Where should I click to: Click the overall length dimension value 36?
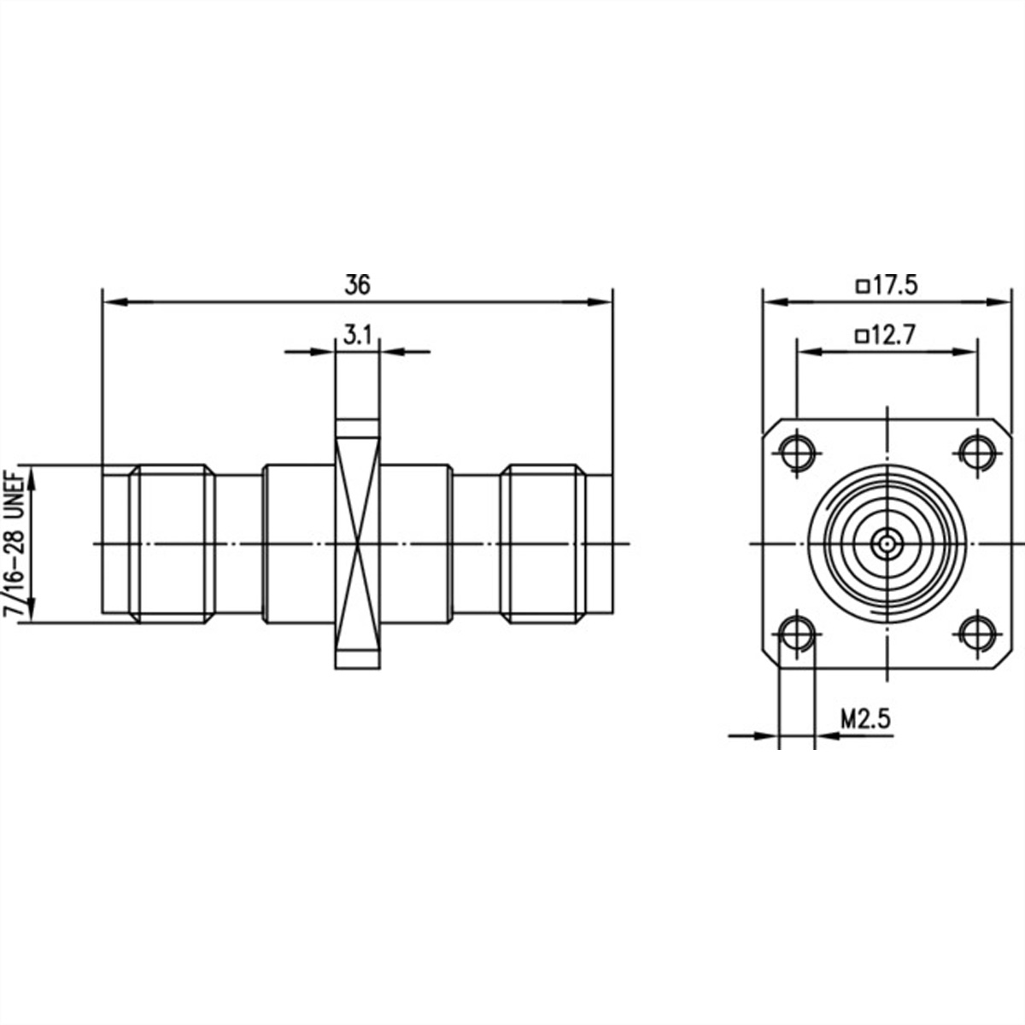[x=358, y=285]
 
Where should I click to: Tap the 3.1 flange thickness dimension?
[x=357, y=336]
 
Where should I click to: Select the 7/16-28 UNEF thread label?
[x=15, y=543]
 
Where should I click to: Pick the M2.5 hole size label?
[x=865, y=719]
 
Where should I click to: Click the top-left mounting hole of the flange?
[x=798, y=451]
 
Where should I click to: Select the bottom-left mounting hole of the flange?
[x=798, y=633]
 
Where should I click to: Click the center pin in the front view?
[x=887, y=542]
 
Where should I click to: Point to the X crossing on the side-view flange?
[x=357, y=543]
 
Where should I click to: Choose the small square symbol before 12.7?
[x=863, y=337]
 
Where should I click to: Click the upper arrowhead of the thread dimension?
[x=33, y=476]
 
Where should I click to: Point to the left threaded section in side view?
[x=171, y=543]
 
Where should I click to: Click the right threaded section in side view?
[x=543, y=543]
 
